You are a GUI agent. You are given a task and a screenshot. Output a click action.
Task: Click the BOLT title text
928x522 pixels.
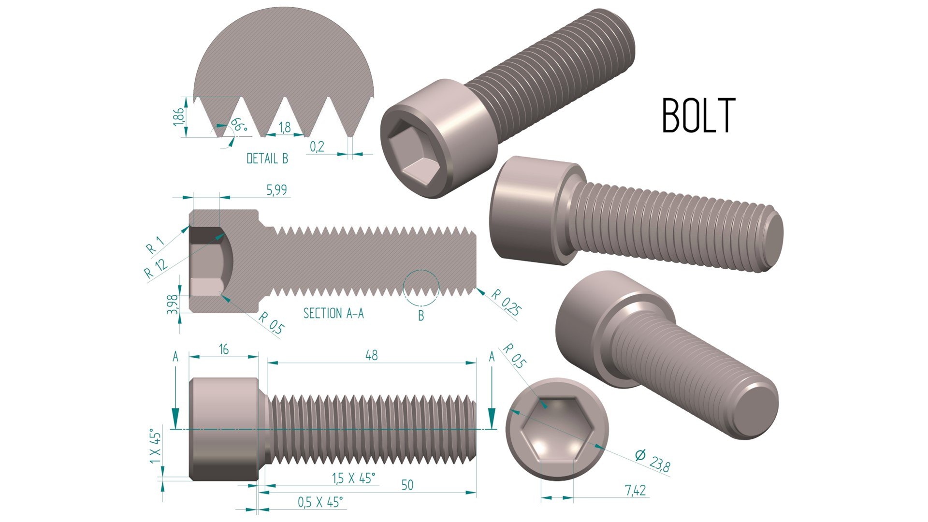click(698, 116)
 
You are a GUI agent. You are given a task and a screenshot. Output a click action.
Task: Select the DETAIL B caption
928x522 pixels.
click(267, 159)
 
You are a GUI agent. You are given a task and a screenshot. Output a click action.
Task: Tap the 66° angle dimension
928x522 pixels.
click(238, 125)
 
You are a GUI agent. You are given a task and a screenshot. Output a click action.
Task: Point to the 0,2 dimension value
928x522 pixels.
click(317, 146)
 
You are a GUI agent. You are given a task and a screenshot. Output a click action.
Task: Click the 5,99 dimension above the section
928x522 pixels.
click(277, 190)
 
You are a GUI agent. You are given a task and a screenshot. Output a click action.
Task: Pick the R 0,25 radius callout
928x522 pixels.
click(506, 303)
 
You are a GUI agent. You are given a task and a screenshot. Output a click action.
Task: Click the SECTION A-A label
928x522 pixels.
click(333, 313)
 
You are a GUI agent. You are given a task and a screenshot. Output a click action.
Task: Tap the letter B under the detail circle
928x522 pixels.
click(421, 316)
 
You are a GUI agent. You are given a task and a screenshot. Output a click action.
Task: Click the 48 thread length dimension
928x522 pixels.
click(371, 355)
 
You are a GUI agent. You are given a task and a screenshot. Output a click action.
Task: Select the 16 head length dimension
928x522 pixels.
click(223, 349)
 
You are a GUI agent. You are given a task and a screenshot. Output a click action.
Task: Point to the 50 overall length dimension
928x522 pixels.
click(407, 485)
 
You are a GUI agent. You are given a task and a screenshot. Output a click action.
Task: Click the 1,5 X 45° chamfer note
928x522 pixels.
click(353, 478)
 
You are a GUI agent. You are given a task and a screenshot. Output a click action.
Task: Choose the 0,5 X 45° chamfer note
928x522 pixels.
click(320, 502)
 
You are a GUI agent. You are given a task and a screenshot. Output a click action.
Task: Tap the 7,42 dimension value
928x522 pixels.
click(635, 491)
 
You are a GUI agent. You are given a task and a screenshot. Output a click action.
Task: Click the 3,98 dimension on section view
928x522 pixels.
click(173, 304)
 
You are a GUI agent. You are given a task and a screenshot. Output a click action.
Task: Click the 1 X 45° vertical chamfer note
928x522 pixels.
click(155, 446)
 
